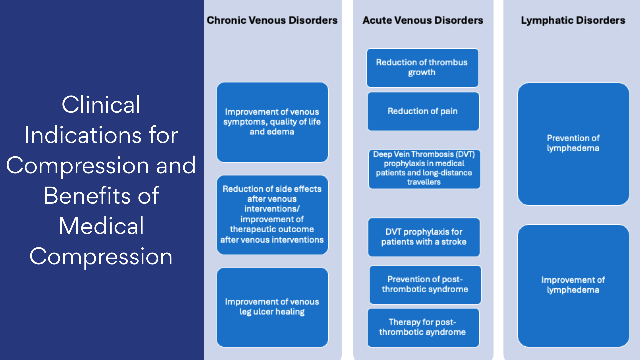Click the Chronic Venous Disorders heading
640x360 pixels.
tap(272, 20)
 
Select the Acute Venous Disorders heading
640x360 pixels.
tap(423, 20)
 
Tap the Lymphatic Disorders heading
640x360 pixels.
tap(573, 20)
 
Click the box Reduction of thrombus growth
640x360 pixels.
tap(422, 68)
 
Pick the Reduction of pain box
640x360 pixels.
tap(423, 111)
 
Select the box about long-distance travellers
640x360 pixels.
tap(424, 169)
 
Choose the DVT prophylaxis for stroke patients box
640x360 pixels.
tap(424, 237)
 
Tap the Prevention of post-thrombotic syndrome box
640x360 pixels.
tap(425, 284)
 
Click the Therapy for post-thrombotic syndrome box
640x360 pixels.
tap(423, 327)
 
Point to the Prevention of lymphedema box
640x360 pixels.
tap(573, 144)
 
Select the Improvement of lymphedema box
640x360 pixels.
tap(573, 285)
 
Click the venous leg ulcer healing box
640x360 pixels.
tap(272, 307)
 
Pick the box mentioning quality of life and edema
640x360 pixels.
tap(272, 122)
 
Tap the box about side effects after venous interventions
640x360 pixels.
tap(272, 214)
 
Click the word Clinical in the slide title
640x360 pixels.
tap(101, 105)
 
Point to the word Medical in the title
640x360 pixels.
tap(101, 226)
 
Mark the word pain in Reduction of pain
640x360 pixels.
tap(449, 111)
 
